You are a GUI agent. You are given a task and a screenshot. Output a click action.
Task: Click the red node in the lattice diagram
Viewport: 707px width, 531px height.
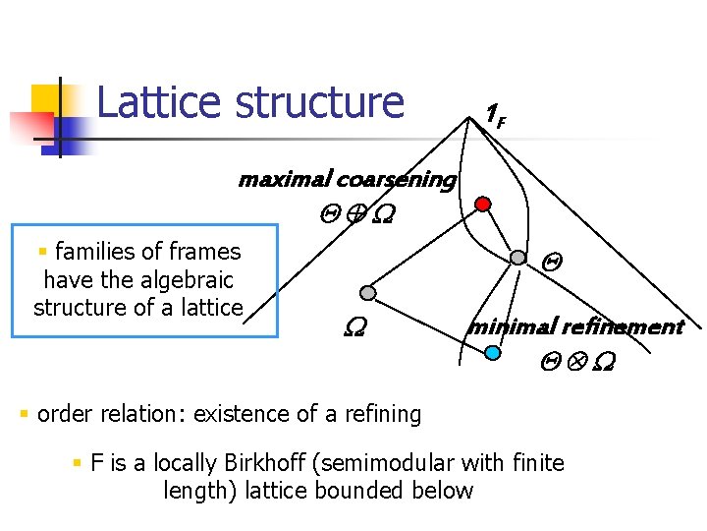(x=482, y=205)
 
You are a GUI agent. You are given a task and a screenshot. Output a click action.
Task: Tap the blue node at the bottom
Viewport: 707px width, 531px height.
(x=494, y=351)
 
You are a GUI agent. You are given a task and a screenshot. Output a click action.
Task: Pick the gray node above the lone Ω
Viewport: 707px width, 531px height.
(x=367, y=293)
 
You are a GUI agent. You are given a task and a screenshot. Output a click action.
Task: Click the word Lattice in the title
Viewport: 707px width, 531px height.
(x=156, y=102)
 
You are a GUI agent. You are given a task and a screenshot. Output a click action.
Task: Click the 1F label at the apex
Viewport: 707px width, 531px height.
(x=495, y=115)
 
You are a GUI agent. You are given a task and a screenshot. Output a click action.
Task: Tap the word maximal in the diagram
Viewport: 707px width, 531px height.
(x=283, y=180)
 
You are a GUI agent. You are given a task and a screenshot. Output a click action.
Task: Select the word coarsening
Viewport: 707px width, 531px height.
(x=395, y=180)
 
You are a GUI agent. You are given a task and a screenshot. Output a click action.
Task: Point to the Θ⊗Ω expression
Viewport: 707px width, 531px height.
(x=576, y=363)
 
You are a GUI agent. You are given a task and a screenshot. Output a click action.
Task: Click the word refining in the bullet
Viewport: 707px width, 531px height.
(x=382, y=414)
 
